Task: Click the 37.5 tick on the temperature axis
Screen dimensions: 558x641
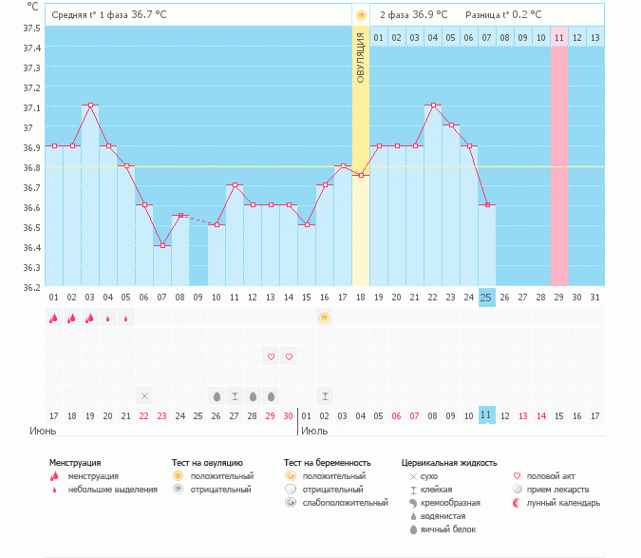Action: click(x=33, y=28)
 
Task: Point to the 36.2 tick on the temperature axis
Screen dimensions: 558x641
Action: click(x=33, y=287)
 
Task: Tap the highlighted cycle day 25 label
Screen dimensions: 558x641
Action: click(x=486, y=298)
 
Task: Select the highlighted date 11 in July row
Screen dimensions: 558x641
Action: click(x=486, y=415)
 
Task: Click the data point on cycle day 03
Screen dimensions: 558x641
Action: click(x=90, y=106)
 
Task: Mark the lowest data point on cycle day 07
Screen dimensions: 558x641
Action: click(x=162, y=245)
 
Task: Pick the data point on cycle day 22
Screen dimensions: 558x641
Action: click(x=432, y=106)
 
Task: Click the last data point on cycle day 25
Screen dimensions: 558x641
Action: click(x=486, y=205)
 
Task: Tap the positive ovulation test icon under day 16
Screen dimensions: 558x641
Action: click(x=324, y=317)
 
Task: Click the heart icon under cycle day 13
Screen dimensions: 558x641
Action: click(x=271, y=356)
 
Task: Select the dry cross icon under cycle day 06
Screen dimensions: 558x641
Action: click(x=144, y=395)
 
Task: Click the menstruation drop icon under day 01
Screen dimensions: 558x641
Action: click(x=54, y=318)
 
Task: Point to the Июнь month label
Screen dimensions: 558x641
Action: click(x=44, y=431)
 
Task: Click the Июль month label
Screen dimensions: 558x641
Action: click(x=315, y=431)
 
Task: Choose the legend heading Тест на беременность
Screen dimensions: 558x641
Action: click(x=327, y=463)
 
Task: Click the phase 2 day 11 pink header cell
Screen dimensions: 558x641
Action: click(x=558, y=37)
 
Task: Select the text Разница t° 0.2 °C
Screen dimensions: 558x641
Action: click(x=503, y=15)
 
